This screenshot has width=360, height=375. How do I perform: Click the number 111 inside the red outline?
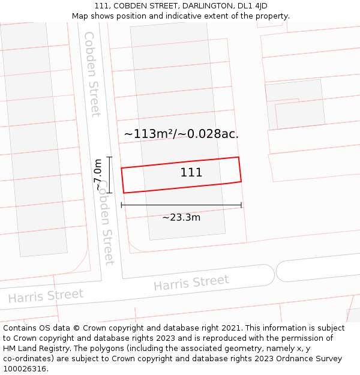(x=191, y=173)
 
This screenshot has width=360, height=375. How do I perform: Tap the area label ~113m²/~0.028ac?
(x=181, y=134)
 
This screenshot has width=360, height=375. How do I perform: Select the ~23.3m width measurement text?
(x=181, y=217)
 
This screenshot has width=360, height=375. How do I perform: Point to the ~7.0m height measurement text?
(x=98, y=175)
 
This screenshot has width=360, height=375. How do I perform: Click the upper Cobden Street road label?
(x=92, y=73)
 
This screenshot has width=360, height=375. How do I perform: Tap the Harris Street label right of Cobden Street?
(x=191, y=283)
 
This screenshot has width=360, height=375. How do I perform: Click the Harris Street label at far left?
(x=46, y=296)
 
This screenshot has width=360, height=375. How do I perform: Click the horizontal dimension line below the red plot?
(x=181, y=205)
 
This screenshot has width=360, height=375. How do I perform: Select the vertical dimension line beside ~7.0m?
(x=110, y=175)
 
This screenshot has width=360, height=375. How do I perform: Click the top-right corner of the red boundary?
(x=239, y=157)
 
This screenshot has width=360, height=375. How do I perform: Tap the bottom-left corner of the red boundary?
(x=124, y=193)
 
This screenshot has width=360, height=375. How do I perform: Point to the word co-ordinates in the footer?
(x=25, y=359)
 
